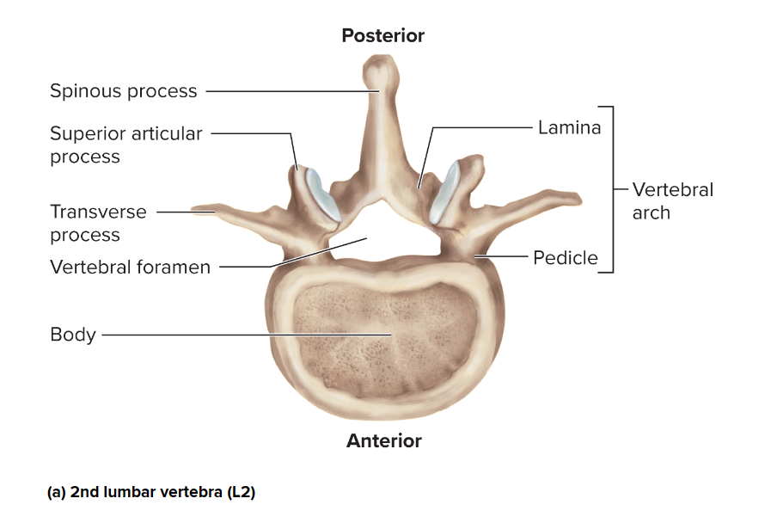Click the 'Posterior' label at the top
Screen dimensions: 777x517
click(x=382, y=35)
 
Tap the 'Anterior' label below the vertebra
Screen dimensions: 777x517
click(x=383, y=441)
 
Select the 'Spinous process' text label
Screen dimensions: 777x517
click(x=123, y=91)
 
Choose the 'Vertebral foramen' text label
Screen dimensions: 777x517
click(x=130, y=267)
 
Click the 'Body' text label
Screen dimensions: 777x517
click(x=73, y=335)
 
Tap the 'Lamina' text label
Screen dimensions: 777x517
click(x=569, y=127)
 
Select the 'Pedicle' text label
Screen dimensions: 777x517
click(x=565, y=257)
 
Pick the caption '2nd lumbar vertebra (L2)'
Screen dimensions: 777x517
click(x=151, y=493)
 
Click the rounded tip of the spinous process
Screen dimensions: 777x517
click(x=379, y=69)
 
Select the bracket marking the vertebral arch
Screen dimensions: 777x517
click(x=611, y=189)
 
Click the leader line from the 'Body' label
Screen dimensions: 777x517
click(x=241, y=335)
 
